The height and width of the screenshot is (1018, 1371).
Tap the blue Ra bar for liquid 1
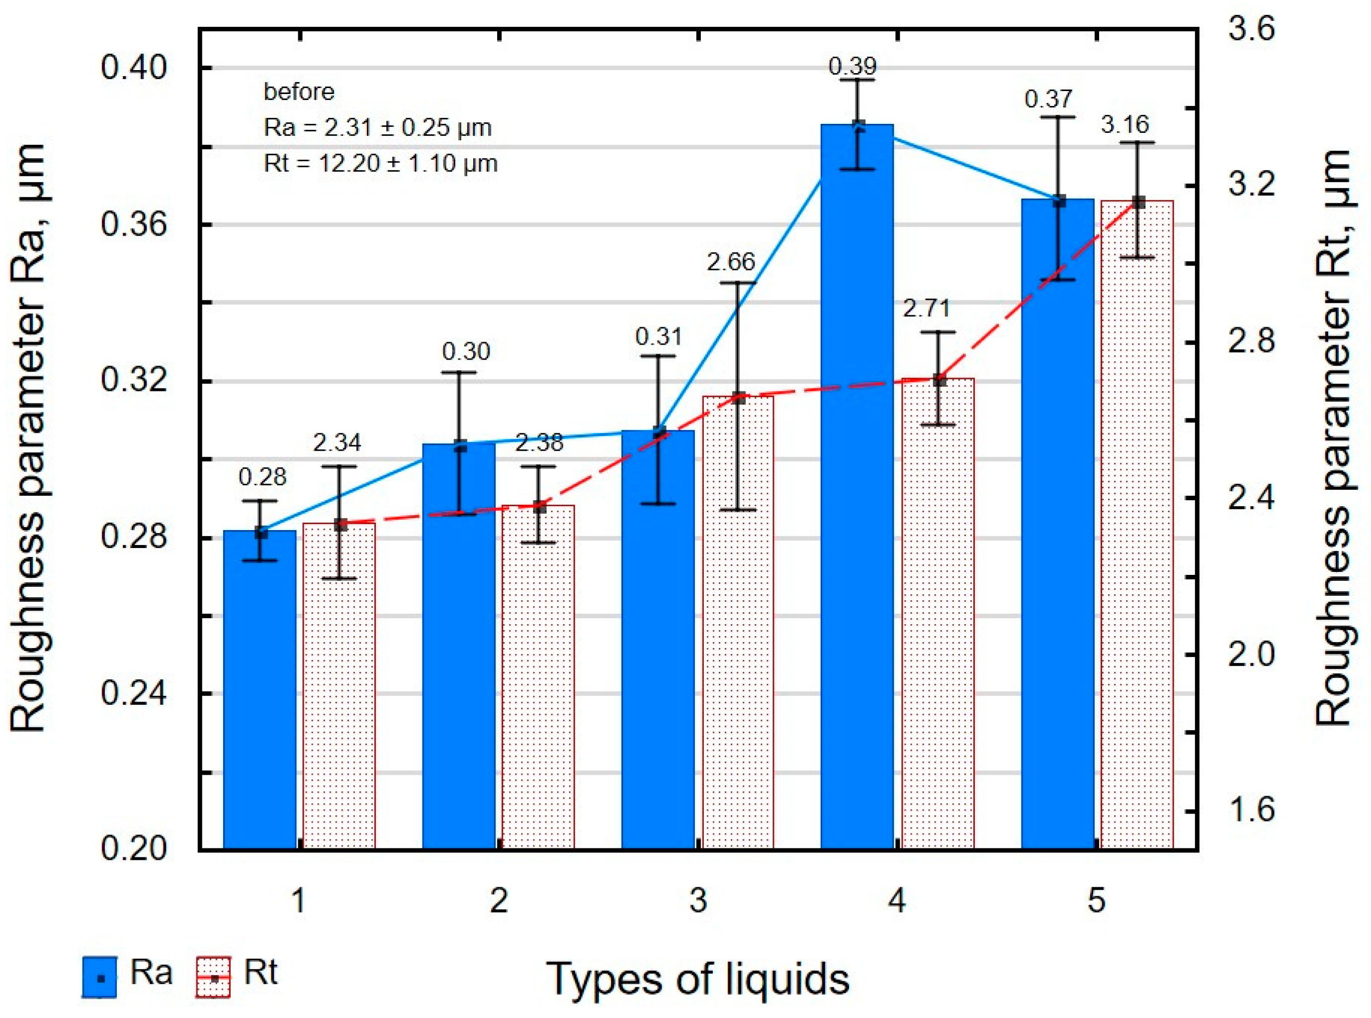click(259, 690)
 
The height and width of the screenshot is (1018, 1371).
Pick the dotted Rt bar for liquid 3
click(738, 622)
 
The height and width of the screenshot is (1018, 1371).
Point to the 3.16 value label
click(1124, 124)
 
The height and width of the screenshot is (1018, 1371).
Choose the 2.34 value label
click(337, 443)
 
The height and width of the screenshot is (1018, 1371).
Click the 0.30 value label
click(466, 351)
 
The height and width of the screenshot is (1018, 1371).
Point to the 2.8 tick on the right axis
click(1251, 341)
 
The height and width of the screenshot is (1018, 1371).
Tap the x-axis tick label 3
click(698, 901)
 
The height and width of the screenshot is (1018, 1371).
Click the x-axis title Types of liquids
click(697, 979)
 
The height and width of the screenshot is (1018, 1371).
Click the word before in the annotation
click(299, 92)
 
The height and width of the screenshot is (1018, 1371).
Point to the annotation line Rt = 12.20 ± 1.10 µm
click(380, 163)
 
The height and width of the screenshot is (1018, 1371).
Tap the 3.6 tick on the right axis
click(1251, 29)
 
